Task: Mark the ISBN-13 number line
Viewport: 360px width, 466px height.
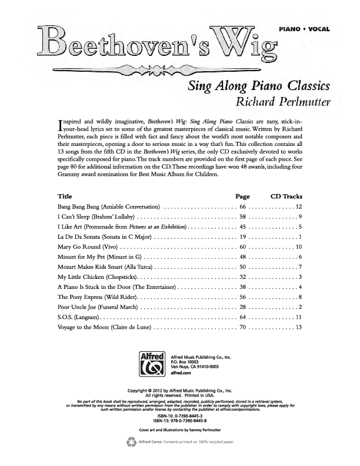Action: [179, 421]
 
